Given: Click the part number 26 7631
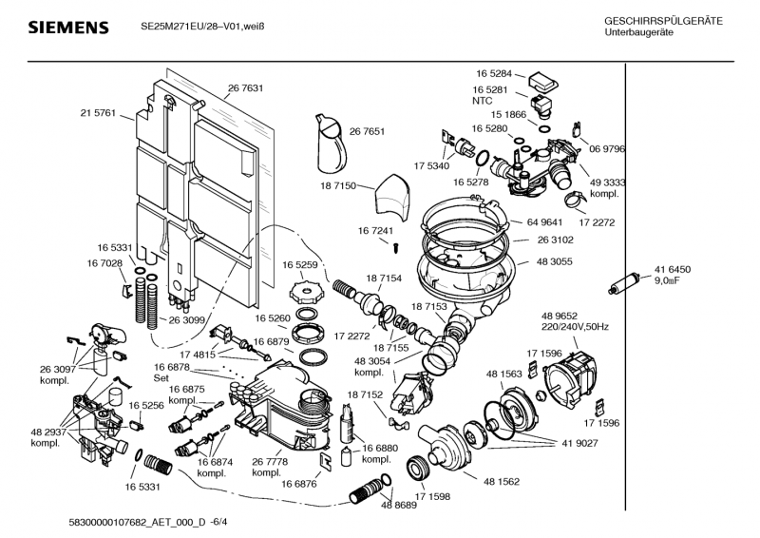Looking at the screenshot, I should [244, 88].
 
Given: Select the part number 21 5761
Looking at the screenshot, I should [98, 113].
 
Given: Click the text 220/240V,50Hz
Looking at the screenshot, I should [576, 326].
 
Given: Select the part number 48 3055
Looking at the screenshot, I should [556, 261].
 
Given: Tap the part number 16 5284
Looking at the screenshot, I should [493, 72].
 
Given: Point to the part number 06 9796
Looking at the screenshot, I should [606, 149].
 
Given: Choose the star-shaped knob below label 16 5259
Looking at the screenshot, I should [301, 286].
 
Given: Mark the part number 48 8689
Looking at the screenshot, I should [399, 505].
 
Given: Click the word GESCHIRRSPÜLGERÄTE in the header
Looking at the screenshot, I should [662, 21].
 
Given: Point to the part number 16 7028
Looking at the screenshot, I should [105, 262].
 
